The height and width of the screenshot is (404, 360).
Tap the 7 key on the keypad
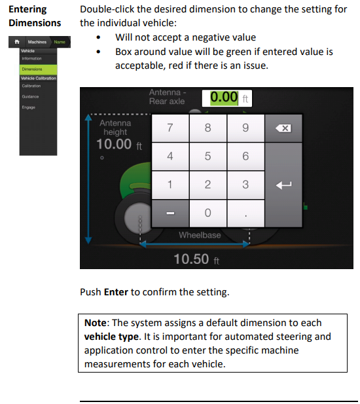pos(170,128)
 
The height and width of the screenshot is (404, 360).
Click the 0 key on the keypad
pos(207,213)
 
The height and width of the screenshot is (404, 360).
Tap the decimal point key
pos(245,213)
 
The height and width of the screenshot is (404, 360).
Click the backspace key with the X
pos(283,128)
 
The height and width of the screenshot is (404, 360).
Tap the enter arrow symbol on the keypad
pos(283,185)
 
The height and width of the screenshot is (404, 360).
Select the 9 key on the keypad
pos(245,128)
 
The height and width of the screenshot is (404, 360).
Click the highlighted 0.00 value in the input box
pos(224,98)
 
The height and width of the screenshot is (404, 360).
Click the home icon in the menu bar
pos(17,42)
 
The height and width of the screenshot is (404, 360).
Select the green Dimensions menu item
pos(38,69)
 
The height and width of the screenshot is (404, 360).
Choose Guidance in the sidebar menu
pos(30,97)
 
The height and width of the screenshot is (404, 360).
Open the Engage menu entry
pos(29,107)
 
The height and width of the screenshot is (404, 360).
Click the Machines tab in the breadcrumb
pos(37,42)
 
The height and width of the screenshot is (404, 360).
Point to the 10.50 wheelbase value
pos(196,259)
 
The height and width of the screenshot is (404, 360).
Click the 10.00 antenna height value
pos(119,144)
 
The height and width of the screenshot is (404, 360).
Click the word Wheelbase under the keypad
pos(200,235)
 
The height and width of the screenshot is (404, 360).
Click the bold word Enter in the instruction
pos(116,292)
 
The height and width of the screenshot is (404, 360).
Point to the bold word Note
pos(96,323)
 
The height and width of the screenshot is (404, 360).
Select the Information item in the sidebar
pos(31,58)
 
